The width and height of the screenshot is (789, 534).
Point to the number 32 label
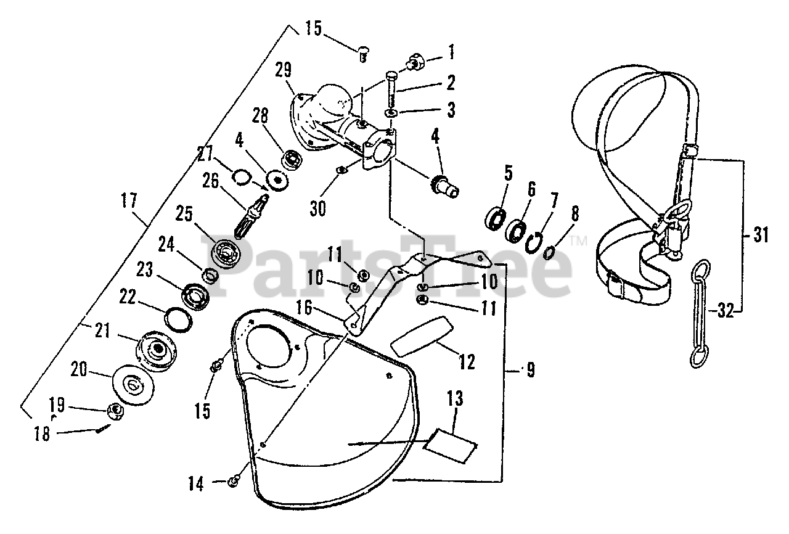[726, 311]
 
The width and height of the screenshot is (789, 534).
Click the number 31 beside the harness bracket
[762, 235]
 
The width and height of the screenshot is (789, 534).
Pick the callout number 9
[529, 371]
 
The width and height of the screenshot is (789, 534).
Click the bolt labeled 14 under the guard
[234, 480]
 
